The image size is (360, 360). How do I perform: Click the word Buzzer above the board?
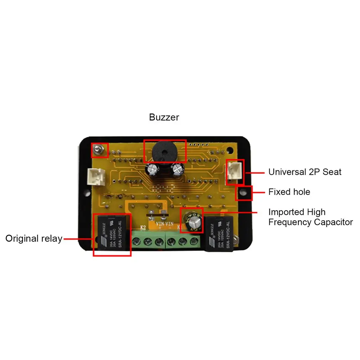pyautogui.click(x=164, y=117)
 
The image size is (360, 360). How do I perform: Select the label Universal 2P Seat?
pyautogui.click(x=305, y=172)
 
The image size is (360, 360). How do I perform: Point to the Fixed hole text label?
pyautogui.click(x=289, y=192)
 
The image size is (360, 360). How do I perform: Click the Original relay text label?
pyautogui.click(x=34, y=238)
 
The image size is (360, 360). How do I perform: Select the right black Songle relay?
pyautogui.click(x=219, y=233)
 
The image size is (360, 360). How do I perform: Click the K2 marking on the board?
pyautogui.click(x=143, y=227)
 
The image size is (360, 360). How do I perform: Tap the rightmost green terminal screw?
pyautogui.click(x=194, y=242)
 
